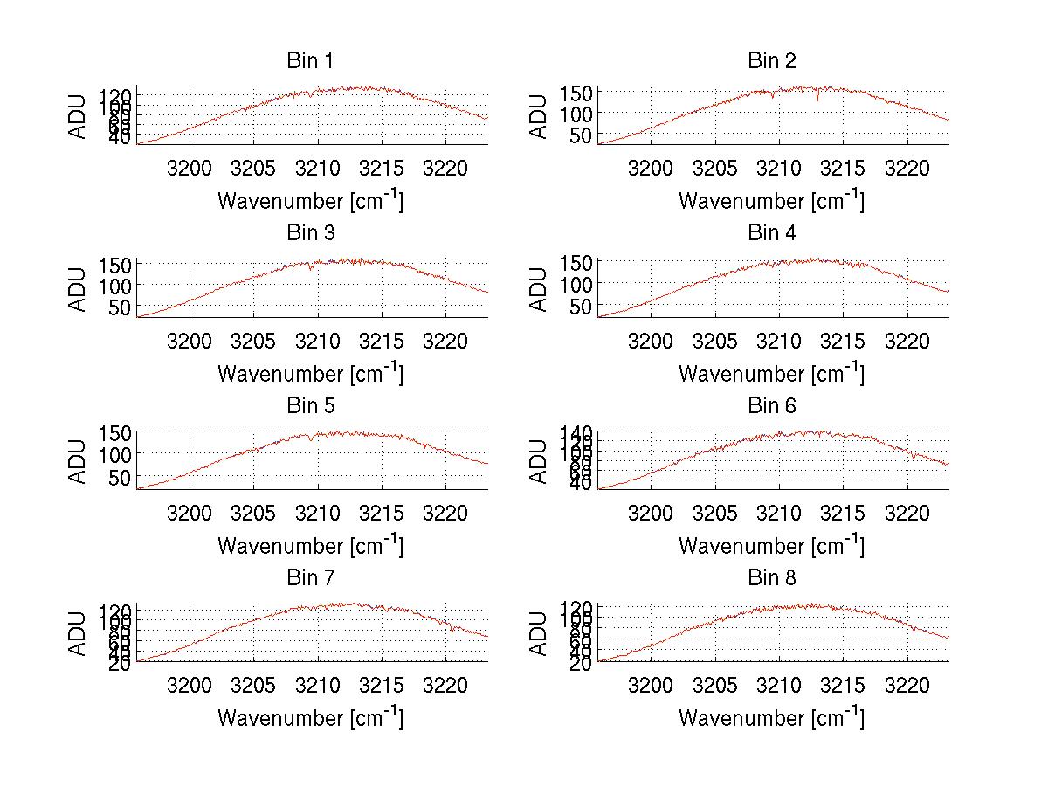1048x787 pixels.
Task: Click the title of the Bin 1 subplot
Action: [x=309, y=61]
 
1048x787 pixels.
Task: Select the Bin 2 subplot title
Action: [x=771, y=61]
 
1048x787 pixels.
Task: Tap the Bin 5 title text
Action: [x=309, y=406]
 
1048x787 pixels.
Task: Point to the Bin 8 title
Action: [x=771, y=578]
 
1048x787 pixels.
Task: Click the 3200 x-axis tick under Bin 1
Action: [x=190, y=168]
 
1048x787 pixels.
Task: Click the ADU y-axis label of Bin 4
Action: [x=540, y=288]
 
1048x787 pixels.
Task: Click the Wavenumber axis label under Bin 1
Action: [x=310, y=200]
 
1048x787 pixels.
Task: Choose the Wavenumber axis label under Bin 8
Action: [x=771, y=718]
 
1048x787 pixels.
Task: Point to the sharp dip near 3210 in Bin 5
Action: [x=310, y=439]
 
